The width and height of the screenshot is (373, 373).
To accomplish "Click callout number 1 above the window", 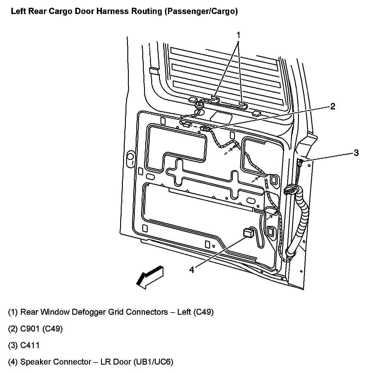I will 238,35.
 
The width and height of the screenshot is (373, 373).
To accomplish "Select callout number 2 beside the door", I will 333,107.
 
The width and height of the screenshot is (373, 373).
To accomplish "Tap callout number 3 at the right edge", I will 356,153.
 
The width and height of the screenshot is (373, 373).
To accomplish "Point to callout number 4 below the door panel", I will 192,270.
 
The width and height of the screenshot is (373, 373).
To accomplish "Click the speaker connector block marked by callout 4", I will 248,232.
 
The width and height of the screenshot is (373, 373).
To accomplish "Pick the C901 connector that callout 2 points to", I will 205,129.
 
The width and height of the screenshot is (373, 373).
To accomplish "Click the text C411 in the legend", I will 30,346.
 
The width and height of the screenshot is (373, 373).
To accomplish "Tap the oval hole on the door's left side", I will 131,156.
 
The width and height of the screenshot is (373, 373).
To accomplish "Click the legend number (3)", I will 13,346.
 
